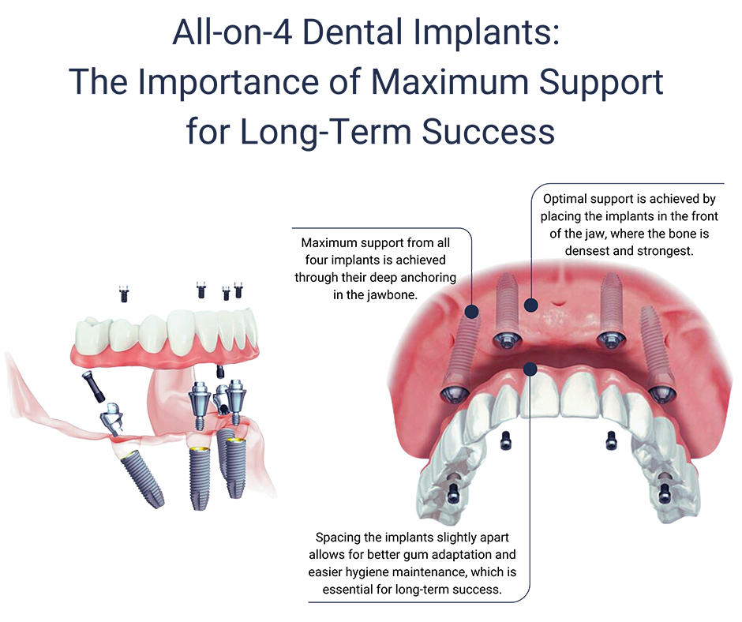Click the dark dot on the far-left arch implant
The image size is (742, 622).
pos(472,312)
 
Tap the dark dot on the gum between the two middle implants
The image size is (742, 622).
pos(530,304)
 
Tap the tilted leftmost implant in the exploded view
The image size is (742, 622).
pos(142,478)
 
